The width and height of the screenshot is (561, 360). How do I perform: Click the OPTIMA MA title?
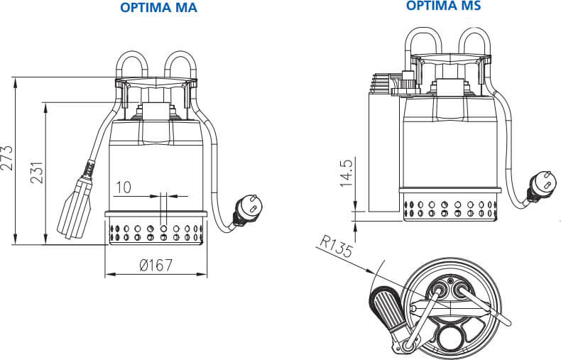pos(158,8)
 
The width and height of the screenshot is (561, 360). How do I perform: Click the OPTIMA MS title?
pos(443,6)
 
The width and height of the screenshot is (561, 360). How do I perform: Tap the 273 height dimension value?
pos(7,158)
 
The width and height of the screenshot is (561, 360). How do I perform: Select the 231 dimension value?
pos(37,173)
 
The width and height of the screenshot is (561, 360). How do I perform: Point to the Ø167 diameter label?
pos(156,265)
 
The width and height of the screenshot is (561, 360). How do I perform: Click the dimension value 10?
pos(124,187)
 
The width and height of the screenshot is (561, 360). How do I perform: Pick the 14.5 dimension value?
pos(347,173)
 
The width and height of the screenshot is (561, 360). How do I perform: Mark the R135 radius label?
pos(336,246)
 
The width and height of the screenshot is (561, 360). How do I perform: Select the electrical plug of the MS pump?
pos(540,185)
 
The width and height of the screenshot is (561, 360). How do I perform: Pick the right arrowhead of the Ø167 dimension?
pos(202,275)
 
